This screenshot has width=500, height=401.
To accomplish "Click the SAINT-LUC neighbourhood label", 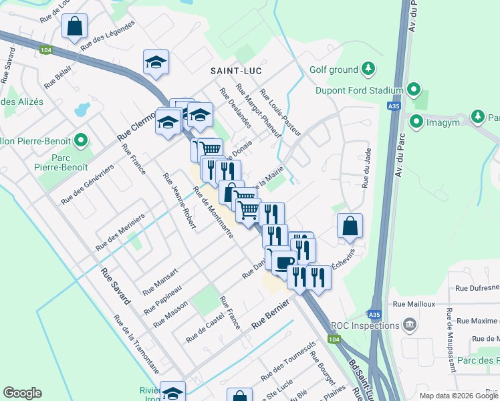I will [236, 70].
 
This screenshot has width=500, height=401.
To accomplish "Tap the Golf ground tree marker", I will [368, 68].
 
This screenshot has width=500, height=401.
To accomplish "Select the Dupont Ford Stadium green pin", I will [414, 90].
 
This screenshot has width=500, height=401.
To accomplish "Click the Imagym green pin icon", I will [416, 121].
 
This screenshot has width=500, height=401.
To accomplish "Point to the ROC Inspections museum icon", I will [410, 325].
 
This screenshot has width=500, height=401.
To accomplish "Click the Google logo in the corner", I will [22, 393].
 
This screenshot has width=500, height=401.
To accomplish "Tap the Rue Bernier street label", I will [270, 314].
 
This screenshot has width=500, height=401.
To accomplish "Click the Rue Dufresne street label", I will [477, 288].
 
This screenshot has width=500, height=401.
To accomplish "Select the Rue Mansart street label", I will [160, 282].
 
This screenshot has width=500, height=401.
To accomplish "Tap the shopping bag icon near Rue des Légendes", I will [75, 27].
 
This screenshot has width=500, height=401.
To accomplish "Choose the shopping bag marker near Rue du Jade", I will [350, 227].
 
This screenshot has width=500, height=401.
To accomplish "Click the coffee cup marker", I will [281, 261].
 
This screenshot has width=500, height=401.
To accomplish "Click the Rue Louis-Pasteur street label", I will [280, 113].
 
